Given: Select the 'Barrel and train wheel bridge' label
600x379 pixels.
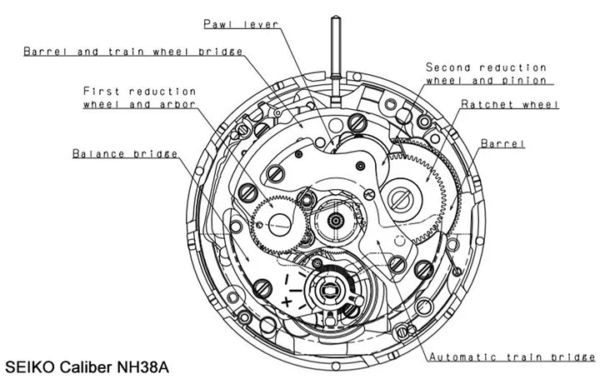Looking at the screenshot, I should (133, 52).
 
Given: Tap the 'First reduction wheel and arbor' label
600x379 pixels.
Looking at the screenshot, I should (139, 97).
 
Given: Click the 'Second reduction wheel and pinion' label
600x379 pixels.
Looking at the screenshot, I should (486, 73).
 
